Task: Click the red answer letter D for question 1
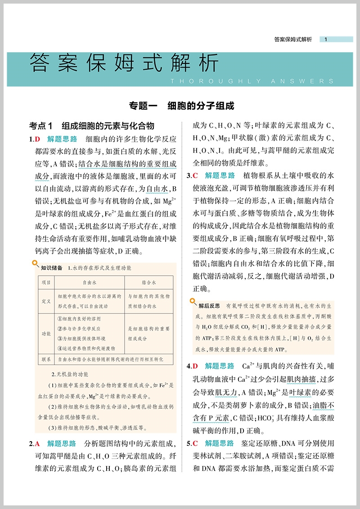point(38,138)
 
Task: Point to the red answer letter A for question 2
point(38,444)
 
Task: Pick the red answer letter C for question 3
point(195,175)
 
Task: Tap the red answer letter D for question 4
point(195,366)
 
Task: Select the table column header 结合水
point(148,282)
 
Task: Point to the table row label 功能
point(46,334)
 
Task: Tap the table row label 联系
point(46,359)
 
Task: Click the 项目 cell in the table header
point(46,282)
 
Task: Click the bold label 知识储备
point(51,268)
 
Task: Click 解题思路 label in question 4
point(220,366)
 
